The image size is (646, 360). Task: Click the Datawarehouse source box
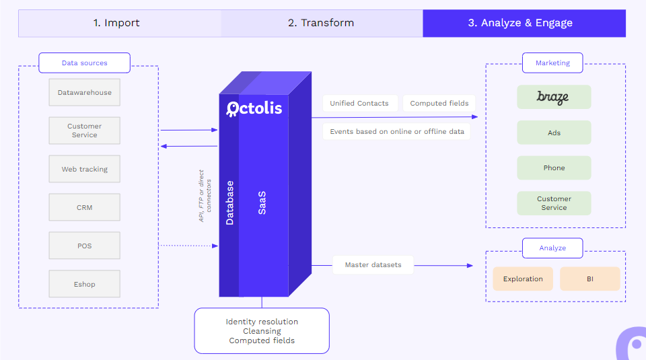[85, 92]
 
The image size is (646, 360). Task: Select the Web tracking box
[85, 169]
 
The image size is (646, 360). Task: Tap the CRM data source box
[85, 207]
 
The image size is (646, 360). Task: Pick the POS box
[85, 246]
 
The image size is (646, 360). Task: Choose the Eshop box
[85, 284]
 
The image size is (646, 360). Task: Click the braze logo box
[554, 97]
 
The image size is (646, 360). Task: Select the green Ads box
[554, 133]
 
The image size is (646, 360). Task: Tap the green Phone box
[554, 168]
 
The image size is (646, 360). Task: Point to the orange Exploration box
[523, 279]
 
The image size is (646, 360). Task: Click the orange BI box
[590, 279]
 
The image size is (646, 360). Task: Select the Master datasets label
[373, 265]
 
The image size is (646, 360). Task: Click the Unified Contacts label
[359, 103]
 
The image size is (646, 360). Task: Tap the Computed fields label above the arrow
[439, 103]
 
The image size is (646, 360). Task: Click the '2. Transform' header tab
[322, 23]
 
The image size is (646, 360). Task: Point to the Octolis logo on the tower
[254, 109]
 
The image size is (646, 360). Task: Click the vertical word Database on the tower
[229, 203]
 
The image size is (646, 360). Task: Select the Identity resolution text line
[262, 322]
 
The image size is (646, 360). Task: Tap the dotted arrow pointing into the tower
[188, 246]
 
